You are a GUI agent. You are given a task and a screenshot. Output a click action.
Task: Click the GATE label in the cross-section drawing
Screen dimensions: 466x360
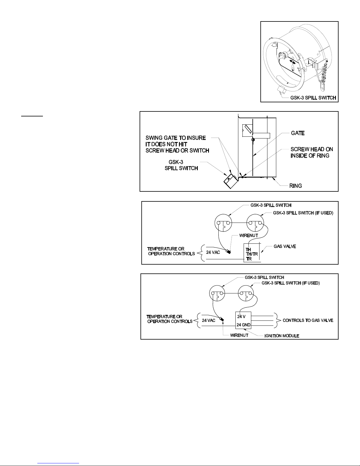pos(298,133)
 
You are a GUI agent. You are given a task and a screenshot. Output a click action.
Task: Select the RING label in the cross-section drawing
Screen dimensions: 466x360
pos(296,186)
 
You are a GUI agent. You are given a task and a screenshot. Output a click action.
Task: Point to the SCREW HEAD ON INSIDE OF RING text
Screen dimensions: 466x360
pos(312,152)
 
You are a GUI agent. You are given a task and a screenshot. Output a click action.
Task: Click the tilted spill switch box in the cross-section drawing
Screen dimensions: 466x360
pos(231,181)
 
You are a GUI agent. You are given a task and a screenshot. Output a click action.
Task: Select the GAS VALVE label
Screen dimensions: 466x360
pos(285,246)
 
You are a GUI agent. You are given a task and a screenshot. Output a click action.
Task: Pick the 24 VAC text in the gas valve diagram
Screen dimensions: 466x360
pos(213,252)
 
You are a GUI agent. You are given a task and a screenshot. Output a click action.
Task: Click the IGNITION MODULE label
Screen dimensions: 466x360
pos(282,336)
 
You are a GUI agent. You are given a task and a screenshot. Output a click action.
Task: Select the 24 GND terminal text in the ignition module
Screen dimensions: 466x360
pos(244,325)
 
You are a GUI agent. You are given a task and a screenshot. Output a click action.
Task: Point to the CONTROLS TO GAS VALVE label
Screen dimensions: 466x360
pos(308,320)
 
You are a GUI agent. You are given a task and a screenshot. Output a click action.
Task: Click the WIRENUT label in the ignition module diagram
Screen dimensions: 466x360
pos(239,335)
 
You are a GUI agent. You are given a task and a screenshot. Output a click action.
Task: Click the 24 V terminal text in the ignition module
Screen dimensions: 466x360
pos(241,317)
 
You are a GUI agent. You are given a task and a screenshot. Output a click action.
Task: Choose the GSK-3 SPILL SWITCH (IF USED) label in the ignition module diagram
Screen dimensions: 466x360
pos(290,283)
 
